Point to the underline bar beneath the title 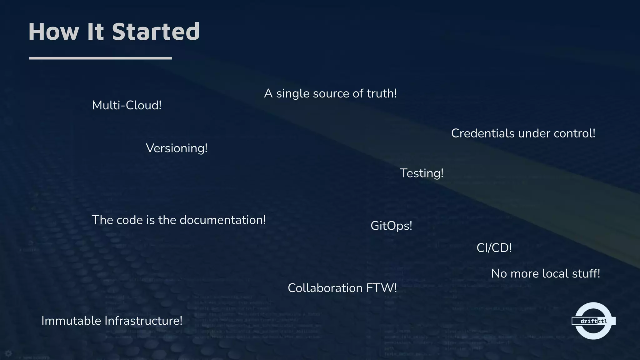[100, 58]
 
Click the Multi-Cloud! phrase [127, 105]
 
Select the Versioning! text [177, 148]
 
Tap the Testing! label [422, 173]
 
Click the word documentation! [222, 220]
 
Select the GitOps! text [391, 226]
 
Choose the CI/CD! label [494, 248]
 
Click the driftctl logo [593, 321]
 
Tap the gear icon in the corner [8, 353]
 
